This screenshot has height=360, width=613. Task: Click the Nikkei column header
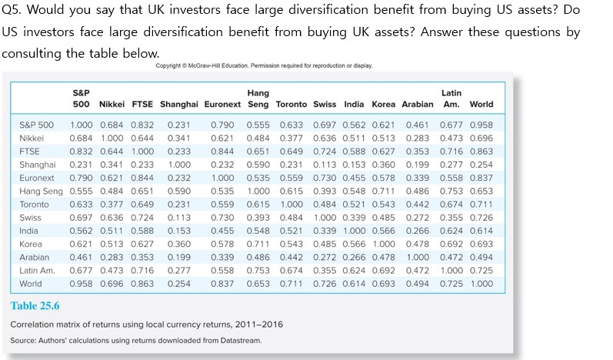(112, 104)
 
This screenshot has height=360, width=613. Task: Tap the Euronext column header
(222, 104)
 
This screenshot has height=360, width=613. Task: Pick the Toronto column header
(291, 104)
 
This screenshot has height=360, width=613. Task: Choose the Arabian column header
(417, 104)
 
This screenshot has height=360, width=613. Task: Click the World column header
(481, 104)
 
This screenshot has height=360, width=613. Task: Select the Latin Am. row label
(37, 271)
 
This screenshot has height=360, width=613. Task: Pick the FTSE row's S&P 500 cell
(81, 152)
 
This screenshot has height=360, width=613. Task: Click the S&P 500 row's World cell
(481, 125)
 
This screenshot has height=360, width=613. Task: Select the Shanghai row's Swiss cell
(325, 165)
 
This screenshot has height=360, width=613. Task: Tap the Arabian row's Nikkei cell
(112, 258)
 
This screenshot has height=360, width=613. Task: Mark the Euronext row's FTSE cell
(142, 178)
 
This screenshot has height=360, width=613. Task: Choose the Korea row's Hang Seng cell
(258, 245)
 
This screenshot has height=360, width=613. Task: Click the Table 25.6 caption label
(35, 306)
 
